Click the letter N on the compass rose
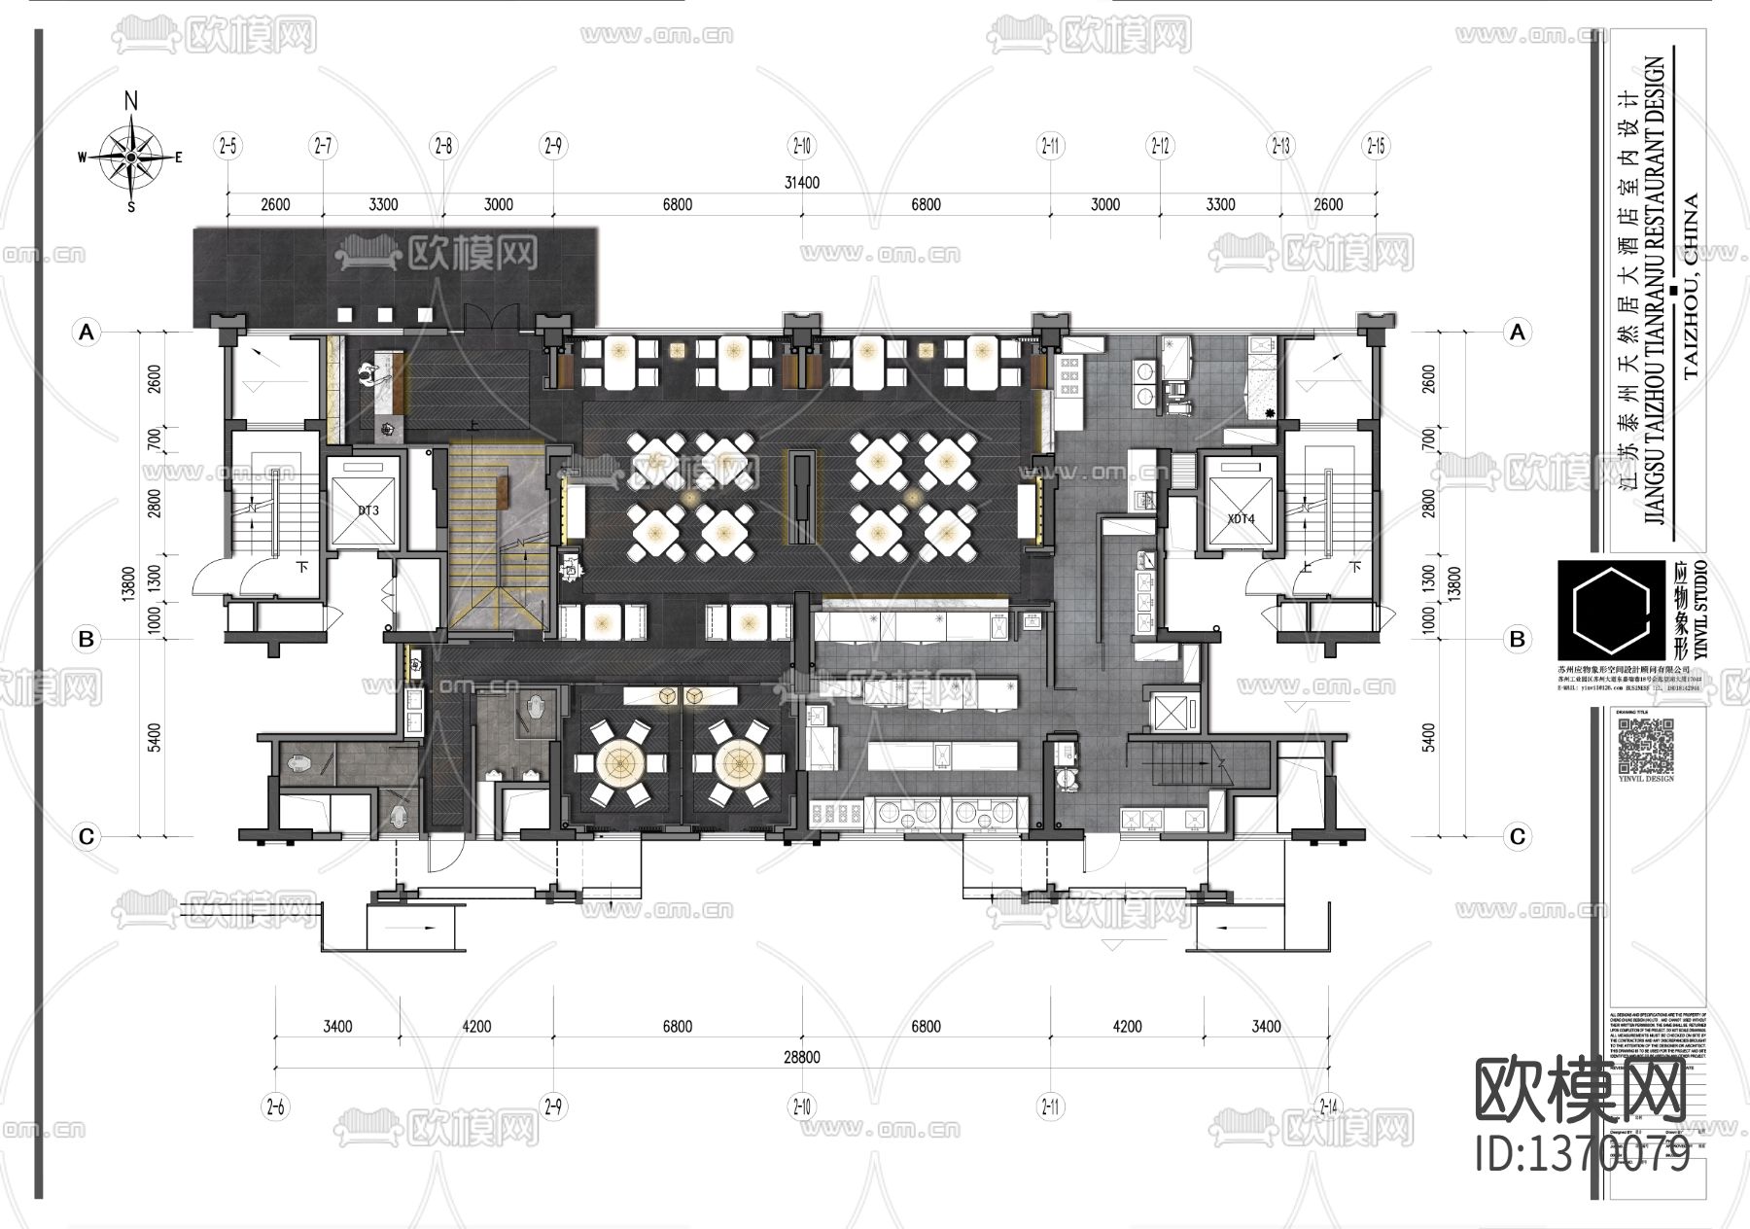pos(131,100)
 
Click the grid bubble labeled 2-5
pos(228,147)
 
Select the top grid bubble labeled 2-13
pos(1280,147)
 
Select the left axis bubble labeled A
pos(87,333)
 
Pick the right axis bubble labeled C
pos(1517,836)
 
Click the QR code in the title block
pos(1644,744)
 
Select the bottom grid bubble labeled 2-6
pos(276,1106)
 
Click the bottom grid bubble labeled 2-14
pos(1327,1106)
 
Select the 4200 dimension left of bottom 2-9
pos(476,1027)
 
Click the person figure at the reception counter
pos(368,374)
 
